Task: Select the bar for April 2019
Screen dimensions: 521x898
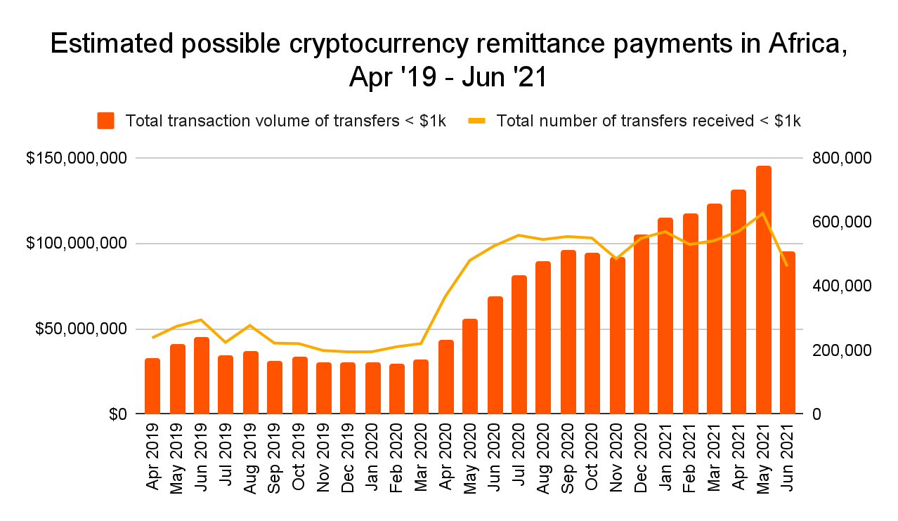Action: (x=152, y=386)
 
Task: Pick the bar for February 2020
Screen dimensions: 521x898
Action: (x=397, y=389)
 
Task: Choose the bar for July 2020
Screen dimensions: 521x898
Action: (x=519, y=345)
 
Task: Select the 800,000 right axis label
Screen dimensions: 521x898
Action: (x=841, y=158)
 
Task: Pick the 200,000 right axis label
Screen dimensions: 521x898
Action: (x=841, y=350)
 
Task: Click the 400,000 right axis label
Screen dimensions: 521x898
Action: (x=841, y=286)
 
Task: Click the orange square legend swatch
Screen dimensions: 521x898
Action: (x=106, y=121)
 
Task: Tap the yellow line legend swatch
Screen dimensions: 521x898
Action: (x=477, y=121)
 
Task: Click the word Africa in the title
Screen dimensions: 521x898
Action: (x=800, y=44)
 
